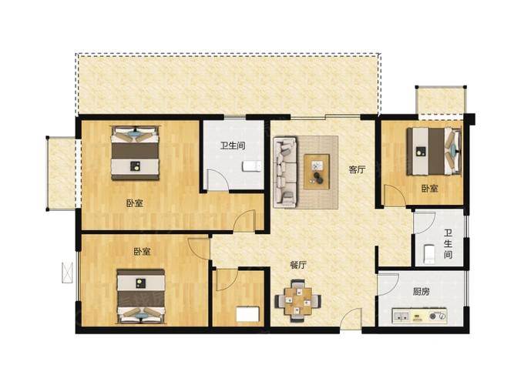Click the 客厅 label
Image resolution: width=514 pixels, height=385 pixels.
click(x=355, y=170)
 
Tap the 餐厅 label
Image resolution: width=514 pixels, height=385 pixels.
click(x=298, y=265)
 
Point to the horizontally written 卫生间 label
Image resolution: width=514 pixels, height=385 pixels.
click(x=232, y=146)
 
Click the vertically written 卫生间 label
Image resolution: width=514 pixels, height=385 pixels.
click(x=447, y=244)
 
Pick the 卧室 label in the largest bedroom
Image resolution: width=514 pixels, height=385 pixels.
click(x=134, y=204)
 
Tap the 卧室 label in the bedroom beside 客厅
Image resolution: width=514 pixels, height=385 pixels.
click(x=429, y=188)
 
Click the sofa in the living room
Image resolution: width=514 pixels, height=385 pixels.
click(x=284, y=172)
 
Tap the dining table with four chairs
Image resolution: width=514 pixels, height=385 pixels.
click(x=297, y=298)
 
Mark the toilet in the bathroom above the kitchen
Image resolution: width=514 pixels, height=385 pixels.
click(x=429, y=252)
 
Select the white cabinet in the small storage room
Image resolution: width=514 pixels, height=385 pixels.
click(x=247, y=313)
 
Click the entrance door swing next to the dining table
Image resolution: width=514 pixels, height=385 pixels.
click(x=351, y=318)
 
